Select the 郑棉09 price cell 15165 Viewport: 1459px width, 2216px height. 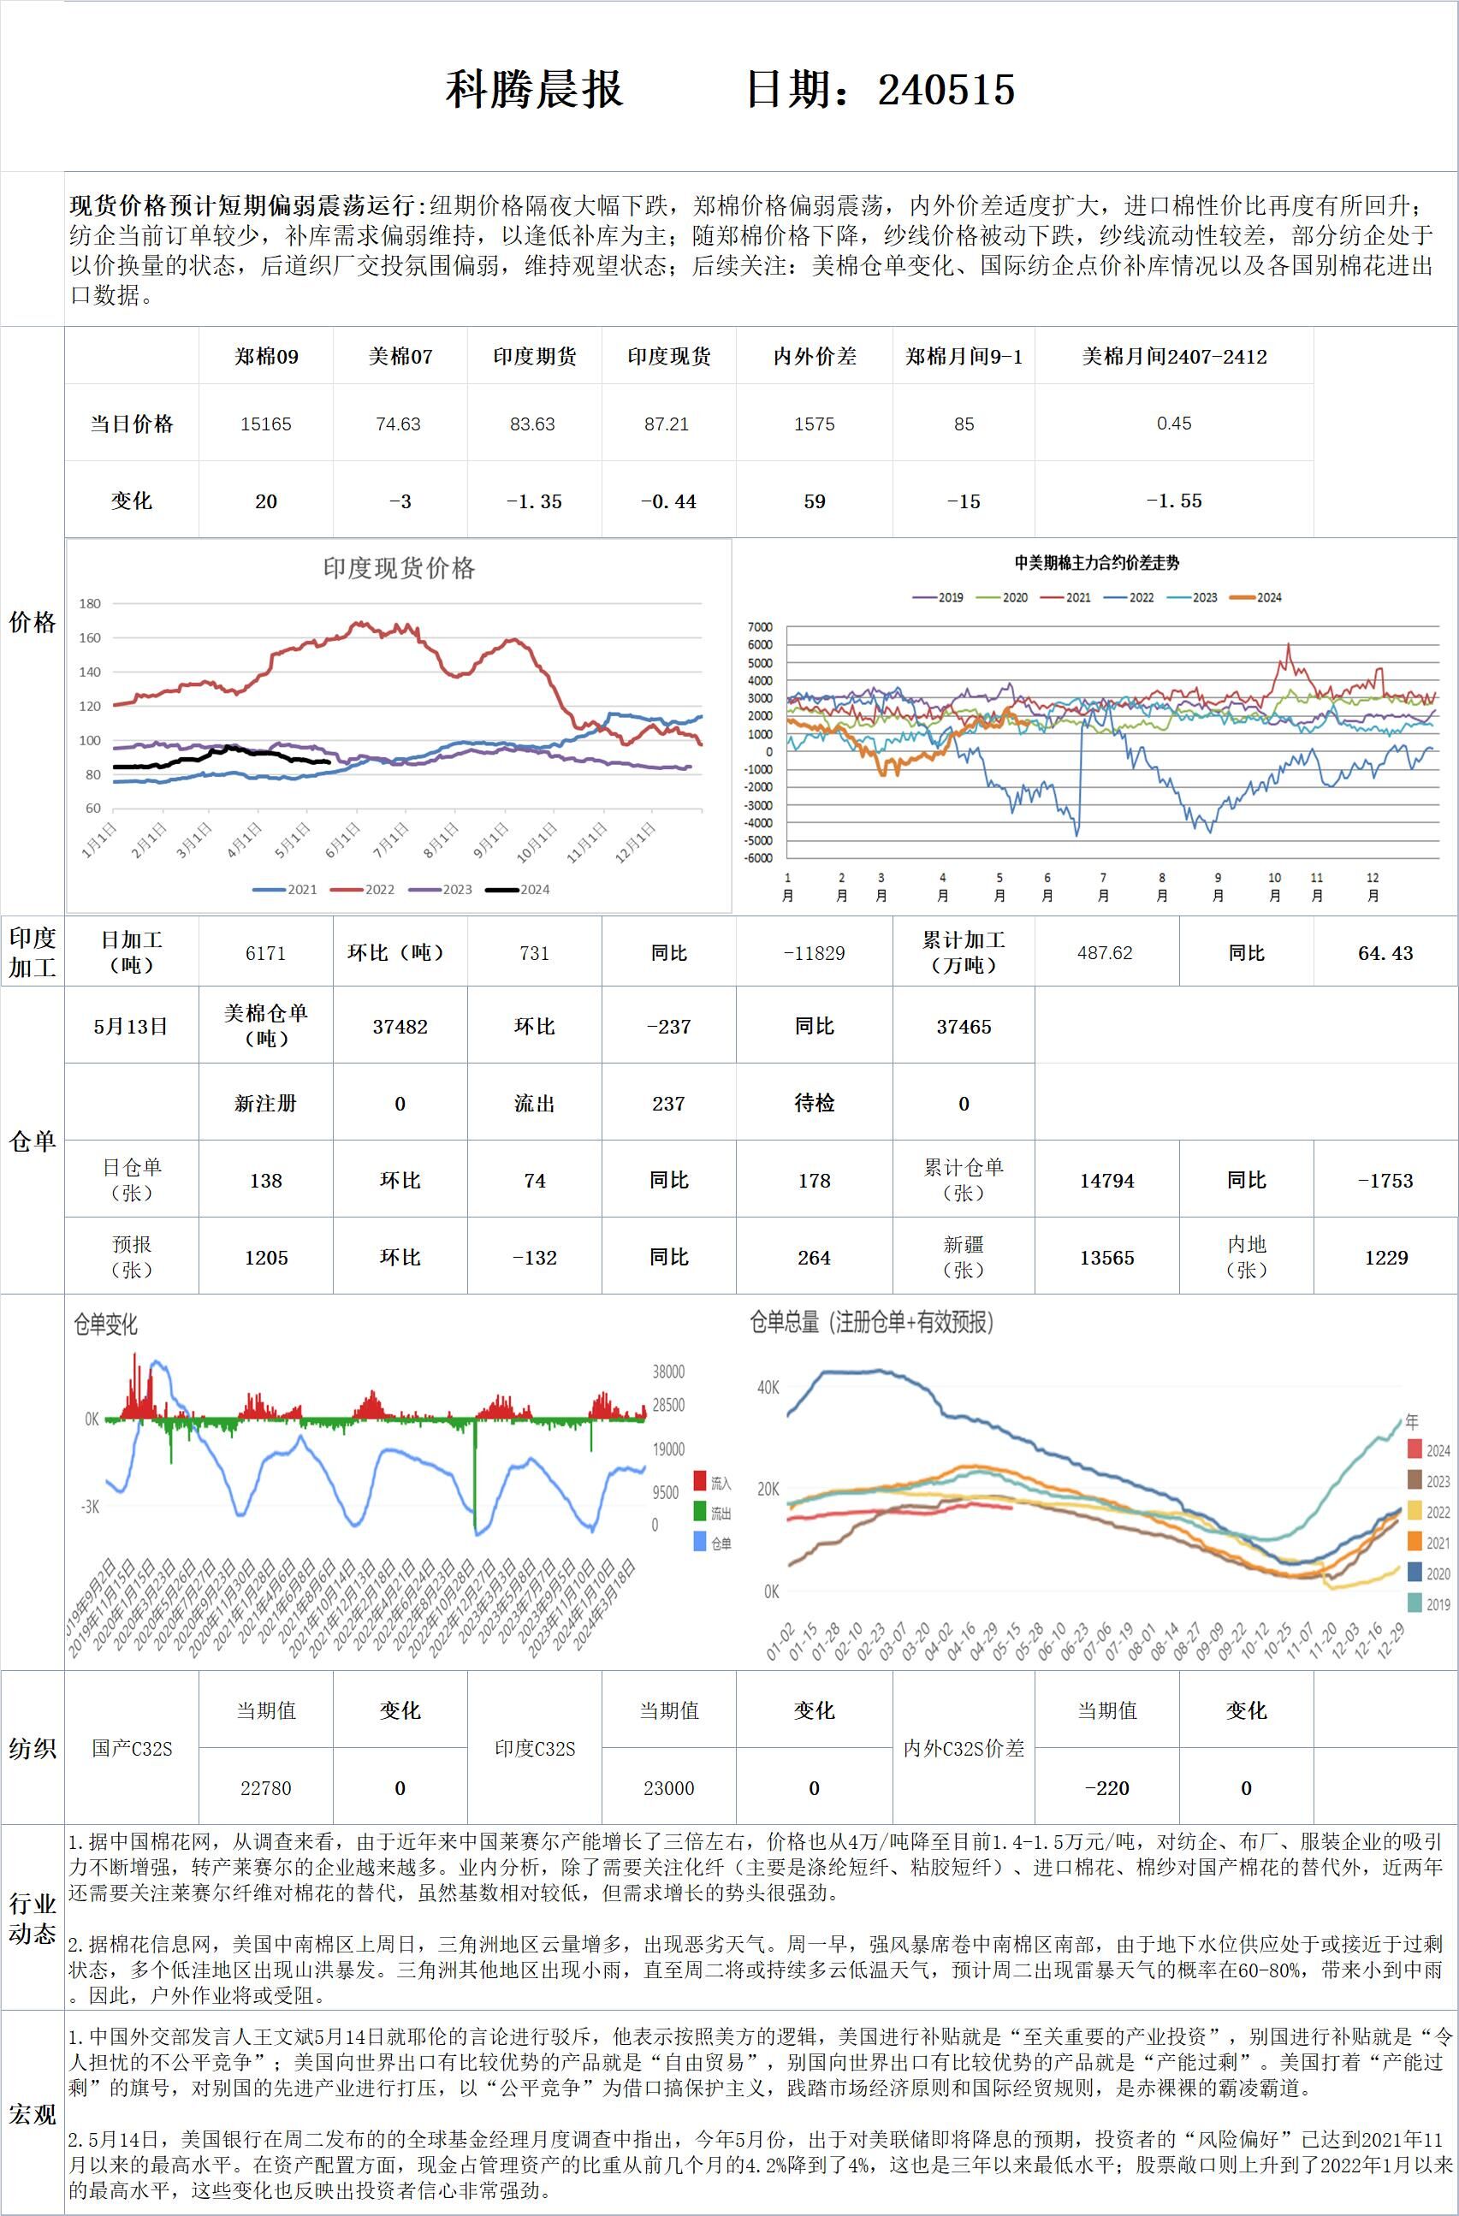tap(265, 424)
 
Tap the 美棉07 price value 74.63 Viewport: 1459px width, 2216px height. tap(399, 424)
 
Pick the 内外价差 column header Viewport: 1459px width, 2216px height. tap(814, 357)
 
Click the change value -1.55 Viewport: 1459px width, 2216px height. tap(1173, 501)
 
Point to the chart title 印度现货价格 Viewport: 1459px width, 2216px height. tap(399, 568)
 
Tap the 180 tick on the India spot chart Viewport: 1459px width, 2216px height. tap(91, 603)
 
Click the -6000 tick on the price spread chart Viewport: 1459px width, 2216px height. tap(759, 858)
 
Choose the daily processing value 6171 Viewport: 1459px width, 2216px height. tap(265, 952)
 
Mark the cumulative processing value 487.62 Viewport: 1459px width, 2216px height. tap(1106, 952)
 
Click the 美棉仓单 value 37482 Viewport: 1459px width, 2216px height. tap(400, 1026)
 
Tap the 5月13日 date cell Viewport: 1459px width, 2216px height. tap(131, 1026)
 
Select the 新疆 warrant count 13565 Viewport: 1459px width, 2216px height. tap(1106, 1258)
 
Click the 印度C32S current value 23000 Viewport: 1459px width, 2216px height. tap(668, 1788)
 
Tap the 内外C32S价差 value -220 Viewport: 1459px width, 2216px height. tap(1106, 1788)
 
